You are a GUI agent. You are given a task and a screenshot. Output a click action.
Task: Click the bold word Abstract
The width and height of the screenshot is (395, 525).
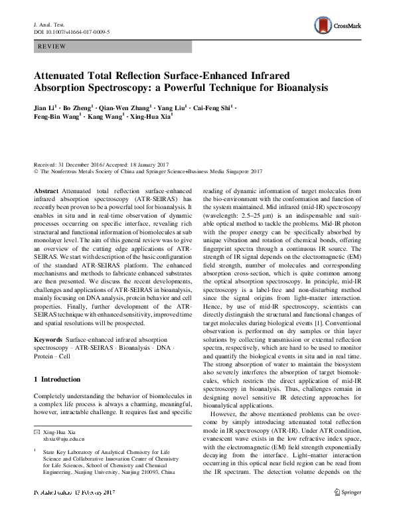click(x=46, y=190)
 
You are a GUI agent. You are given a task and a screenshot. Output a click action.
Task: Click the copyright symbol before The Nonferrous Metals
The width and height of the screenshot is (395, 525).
click(x=35, y=171)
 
